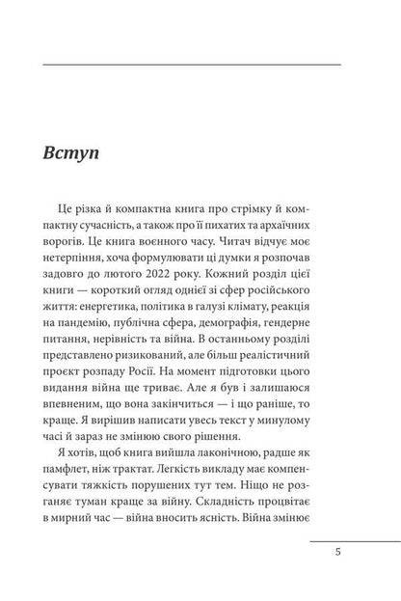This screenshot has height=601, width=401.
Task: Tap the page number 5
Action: pos(335,553)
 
